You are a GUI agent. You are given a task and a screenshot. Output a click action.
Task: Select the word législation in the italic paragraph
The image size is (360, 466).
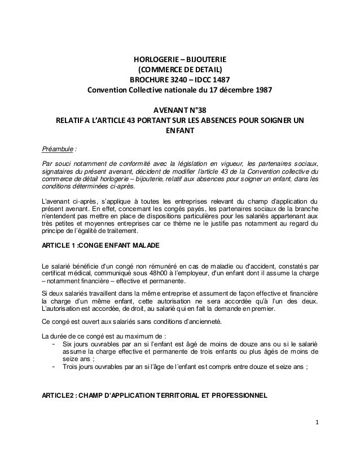tap(205, 164)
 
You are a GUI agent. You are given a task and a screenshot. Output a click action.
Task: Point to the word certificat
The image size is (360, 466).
tap(56, 273)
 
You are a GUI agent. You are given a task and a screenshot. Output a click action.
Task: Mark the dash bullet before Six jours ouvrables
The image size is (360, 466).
tap(53, 344)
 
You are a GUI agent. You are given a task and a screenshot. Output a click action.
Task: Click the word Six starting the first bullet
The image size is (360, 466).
tap(68, 344)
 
